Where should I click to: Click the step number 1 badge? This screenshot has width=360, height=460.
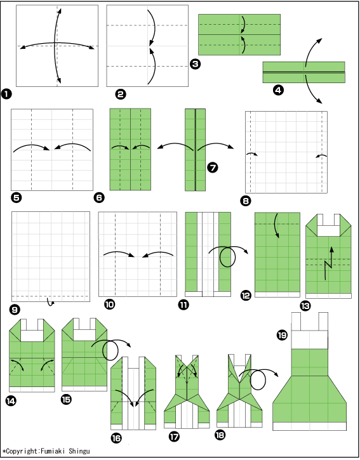(x=6, y=94)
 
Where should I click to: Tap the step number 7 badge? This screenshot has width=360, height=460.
(x=212, y=168)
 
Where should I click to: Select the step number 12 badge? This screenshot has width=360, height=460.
(x=246, y=295)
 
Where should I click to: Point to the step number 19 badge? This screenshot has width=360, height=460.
(x=282, y=335)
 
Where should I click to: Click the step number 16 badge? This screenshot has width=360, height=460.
(x=116, y=438)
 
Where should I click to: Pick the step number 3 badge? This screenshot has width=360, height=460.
(x=196, y=64)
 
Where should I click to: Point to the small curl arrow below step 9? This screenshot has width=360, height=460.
(x=51, y=303)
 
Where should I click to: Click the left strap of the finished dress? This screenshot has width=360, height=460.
(x=296, y=322)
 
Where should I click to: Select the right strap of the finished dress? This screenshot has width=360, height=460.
(x=323, y=322)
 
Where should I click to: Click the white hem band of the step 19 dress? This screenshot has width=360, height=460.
(x=309, y=426)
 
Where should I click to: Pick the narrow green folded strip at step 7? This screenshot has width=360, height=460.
(x=196, y=150)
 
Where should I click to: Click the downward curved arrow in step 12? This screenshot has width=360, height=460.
(x=276, y=225)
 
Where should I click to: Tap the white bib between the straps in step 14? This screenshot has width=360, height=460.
(x=32, y=336)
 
